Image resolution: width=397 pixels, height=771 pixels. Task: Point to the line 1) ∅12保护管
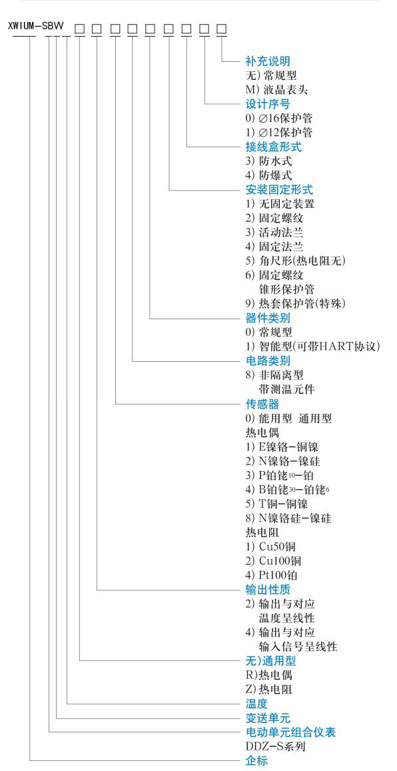pyautogui.click(x=278, y=133)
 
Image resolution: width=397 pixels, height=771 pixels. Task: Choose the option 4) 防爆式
pyautogui.click(x=268, y=175)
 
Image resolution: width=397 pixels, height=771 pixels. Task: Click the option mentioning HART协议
pyautogui.click(x=312, y=347)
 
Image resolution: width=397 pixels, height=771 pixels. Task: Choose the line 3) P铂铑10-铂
pyautogui.click(x=279, y=476)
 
